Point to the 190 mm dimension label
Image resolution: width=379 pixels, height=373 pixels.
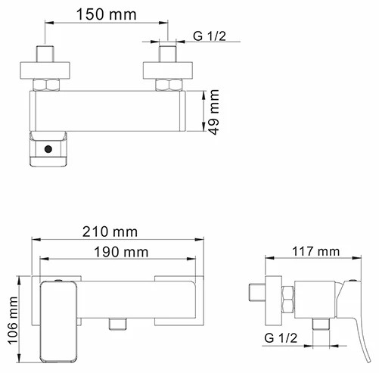(120, 252)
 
